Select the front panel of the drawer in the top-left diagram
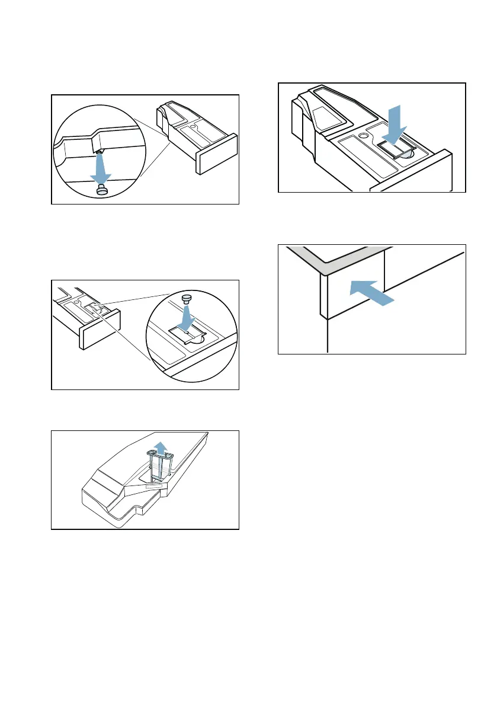coord(216,155)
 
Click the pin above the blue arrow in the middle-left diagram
coord(188,298)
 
